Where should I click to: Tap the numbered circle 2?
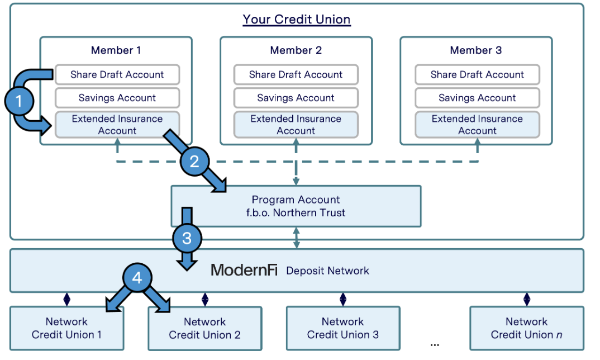tap(194, 162)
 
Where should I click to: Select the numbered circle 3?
tap(186, 239)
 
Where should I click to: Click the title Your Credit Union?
tap(296, 20)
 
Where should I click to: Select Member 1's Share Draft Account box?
tap(117, 74)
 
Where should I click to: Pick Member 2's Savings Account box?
tap(296, 98)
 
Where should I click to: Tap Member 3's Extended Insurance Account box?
tap(477, 125)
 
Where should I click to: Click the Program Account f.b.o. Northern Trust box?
tap(296, 206)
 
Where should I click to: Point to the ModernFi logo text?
tap(244, 271)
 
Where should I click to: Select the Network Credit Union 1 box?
tap(66, 328)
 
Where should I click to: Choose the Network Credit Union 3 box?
tap(342, 328)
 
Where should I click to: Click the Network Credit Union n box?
tap(526, 328)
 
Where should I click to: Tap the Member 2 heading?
tap(296, 50)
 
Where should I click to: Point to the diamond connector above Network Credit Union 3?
tap(342, 299)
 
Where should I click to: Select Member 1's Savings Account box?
tap(117, 98)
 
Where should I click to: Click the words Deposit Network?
tap(327, 271)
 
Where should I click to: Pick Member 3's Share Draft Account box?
tap(477, 74)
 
